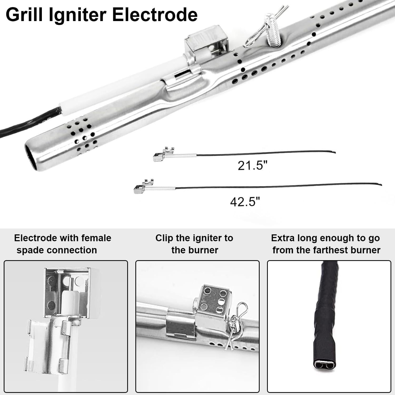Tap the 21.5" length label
[252, 166]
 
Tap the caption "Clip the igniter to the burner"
[194, 244]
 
